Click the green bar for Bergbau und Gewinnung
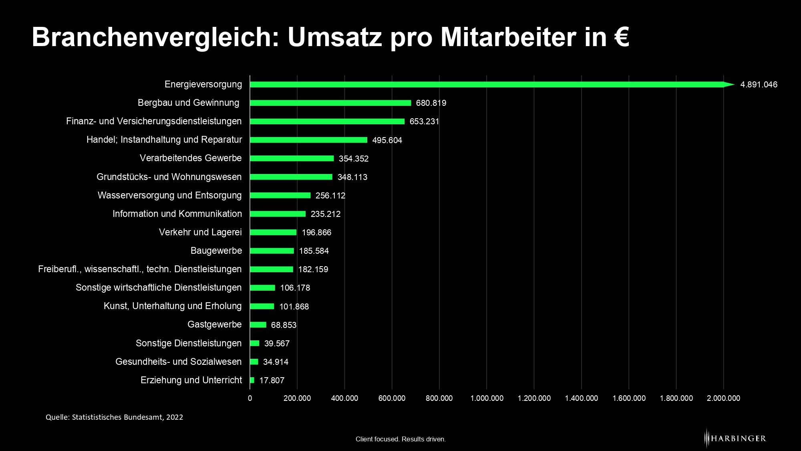tap(330, 103)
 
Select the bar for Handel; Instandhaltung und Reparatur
tap(308, 140)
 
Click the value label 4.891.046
tap(759, 85)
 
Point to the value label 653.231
tap(424, 121)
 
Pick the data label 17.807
tap(272, 380)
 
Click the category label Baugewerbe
tap(216, 251)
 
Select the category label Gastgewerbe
tap(214, 325)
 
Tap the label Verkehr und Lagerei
tap(200, 233)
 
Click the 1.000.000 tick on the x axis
tap(487, 398)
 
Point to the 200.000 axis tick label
tap(297, 398)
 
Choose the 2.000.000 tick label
tap(723, 398)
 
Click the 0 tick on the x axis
tap(250, 398)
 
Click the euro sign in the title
tap(621, 37)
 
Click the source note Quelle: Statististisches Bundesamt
tap(114, 417)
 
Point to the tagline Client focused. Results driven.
tap(400, 439)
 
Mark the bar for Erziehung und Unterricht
tap(252, 380)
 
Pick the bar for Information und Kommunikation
tap(278, 214)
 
